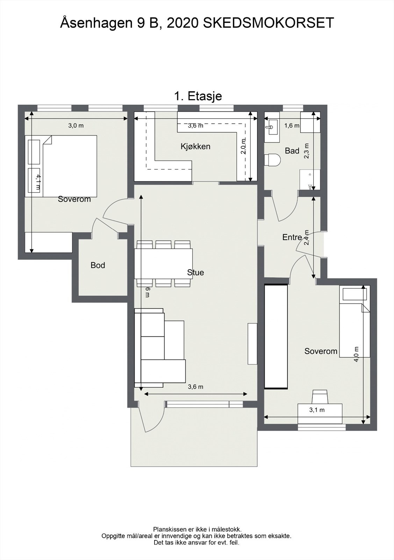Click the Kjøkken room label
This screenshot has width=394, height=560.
(195, 147)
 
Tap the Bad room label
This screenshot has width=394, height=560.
(292, 151)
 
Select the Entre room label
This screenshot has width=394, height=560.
(292, 237)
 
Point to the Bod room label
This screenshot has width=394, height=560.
(98, 265)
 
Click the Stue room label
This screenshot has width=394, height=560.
(195, 273)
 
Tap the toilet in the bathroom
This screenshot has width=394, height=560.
(273, 160)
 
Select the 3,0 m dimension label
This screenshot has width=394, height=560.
(76, 126)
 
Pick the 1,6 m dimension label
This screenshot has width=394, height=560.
(292, 126)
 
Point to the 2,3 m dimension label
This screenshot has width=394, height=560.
(307, 151)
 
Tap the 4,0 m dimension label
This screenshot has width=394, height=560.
(356, 354)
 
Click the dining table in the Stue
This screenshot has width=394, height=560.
(164, 264)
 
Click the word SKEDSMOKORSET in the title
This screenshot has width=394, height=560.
(268, 23)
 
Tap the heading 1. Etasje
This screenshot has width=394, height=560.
(198, 96)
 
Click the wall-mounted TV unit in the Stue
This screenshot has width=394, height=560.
(252, 344)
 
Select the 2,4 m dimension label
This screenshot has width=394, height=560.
(307, 238)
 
